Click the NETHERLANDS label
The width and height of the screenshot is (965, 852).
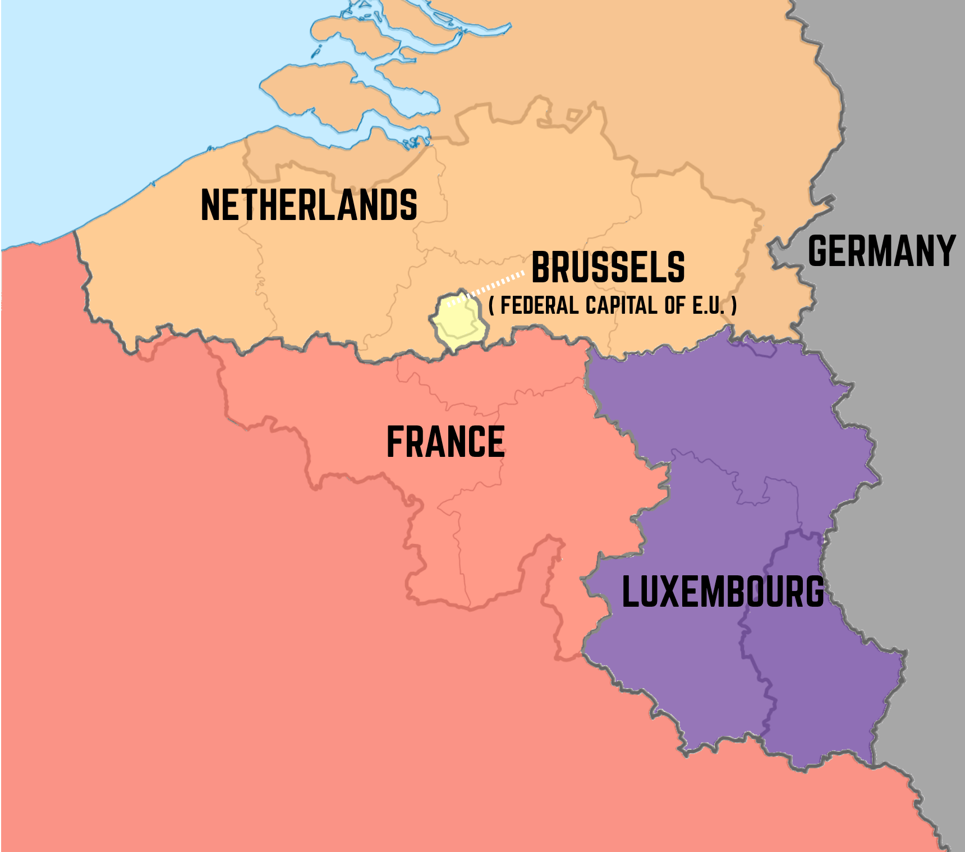click(x=309, y=205)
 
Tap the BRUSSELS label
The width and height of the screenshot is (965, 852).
click(x=608, y=267)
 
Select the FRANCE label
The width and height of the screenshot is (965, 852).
click(x=445, y=442)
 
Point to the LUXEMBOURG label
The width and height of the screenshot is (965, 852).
click(x=723, y=592)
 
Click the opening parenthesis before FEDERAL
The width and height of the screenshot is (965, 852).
click(x=491, y=306)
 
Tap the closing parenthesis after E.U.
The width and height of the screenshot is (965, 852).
click(x=734, y=306)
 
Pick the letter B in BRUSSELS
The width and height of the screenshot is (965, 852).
click(x=541, y=267)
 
